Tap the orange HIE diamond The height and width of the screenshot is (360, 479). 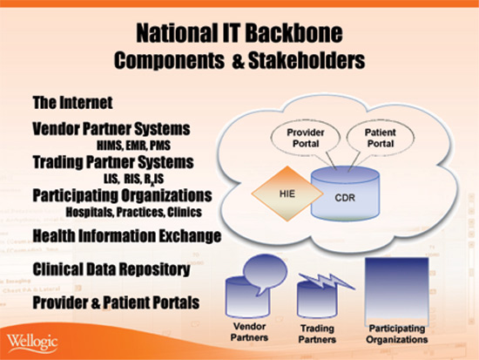pos(287,194)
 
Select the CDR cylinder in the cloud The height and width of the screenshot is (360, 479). pos(345,194)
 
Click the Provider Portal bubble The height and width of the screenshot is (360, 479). pos(306,138)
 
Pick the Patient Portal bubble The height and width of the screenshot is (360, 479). pos(381,138)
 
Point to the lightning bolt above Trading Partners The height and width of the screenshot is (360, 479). pos(327,282)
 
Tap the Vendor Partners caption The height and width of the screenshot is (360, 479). pos(249,332)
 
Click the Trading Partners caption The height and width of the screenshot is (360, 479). pos(317,334)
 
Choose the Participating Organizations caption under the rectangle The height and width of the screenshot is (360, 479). pos(397,334)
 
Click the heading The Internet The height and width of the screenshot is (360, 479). pos(72,103)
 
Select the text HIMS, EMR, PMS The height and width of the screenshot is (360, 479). pos(133,146)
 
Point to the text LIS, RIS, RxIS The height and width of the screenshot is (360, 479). pos(133,179)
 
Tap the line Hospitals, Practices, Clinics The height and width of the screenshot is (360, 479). pos(134,212)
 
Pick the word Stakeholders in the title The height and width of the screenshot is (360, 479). pos(307,60)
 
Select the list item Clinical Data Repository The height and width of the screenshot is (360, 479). pos(111,269)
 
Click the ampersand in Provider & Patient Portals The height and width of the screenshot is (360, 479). pos(96,302)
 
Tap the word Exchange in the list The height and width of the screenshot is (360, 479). pos(191,236)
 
